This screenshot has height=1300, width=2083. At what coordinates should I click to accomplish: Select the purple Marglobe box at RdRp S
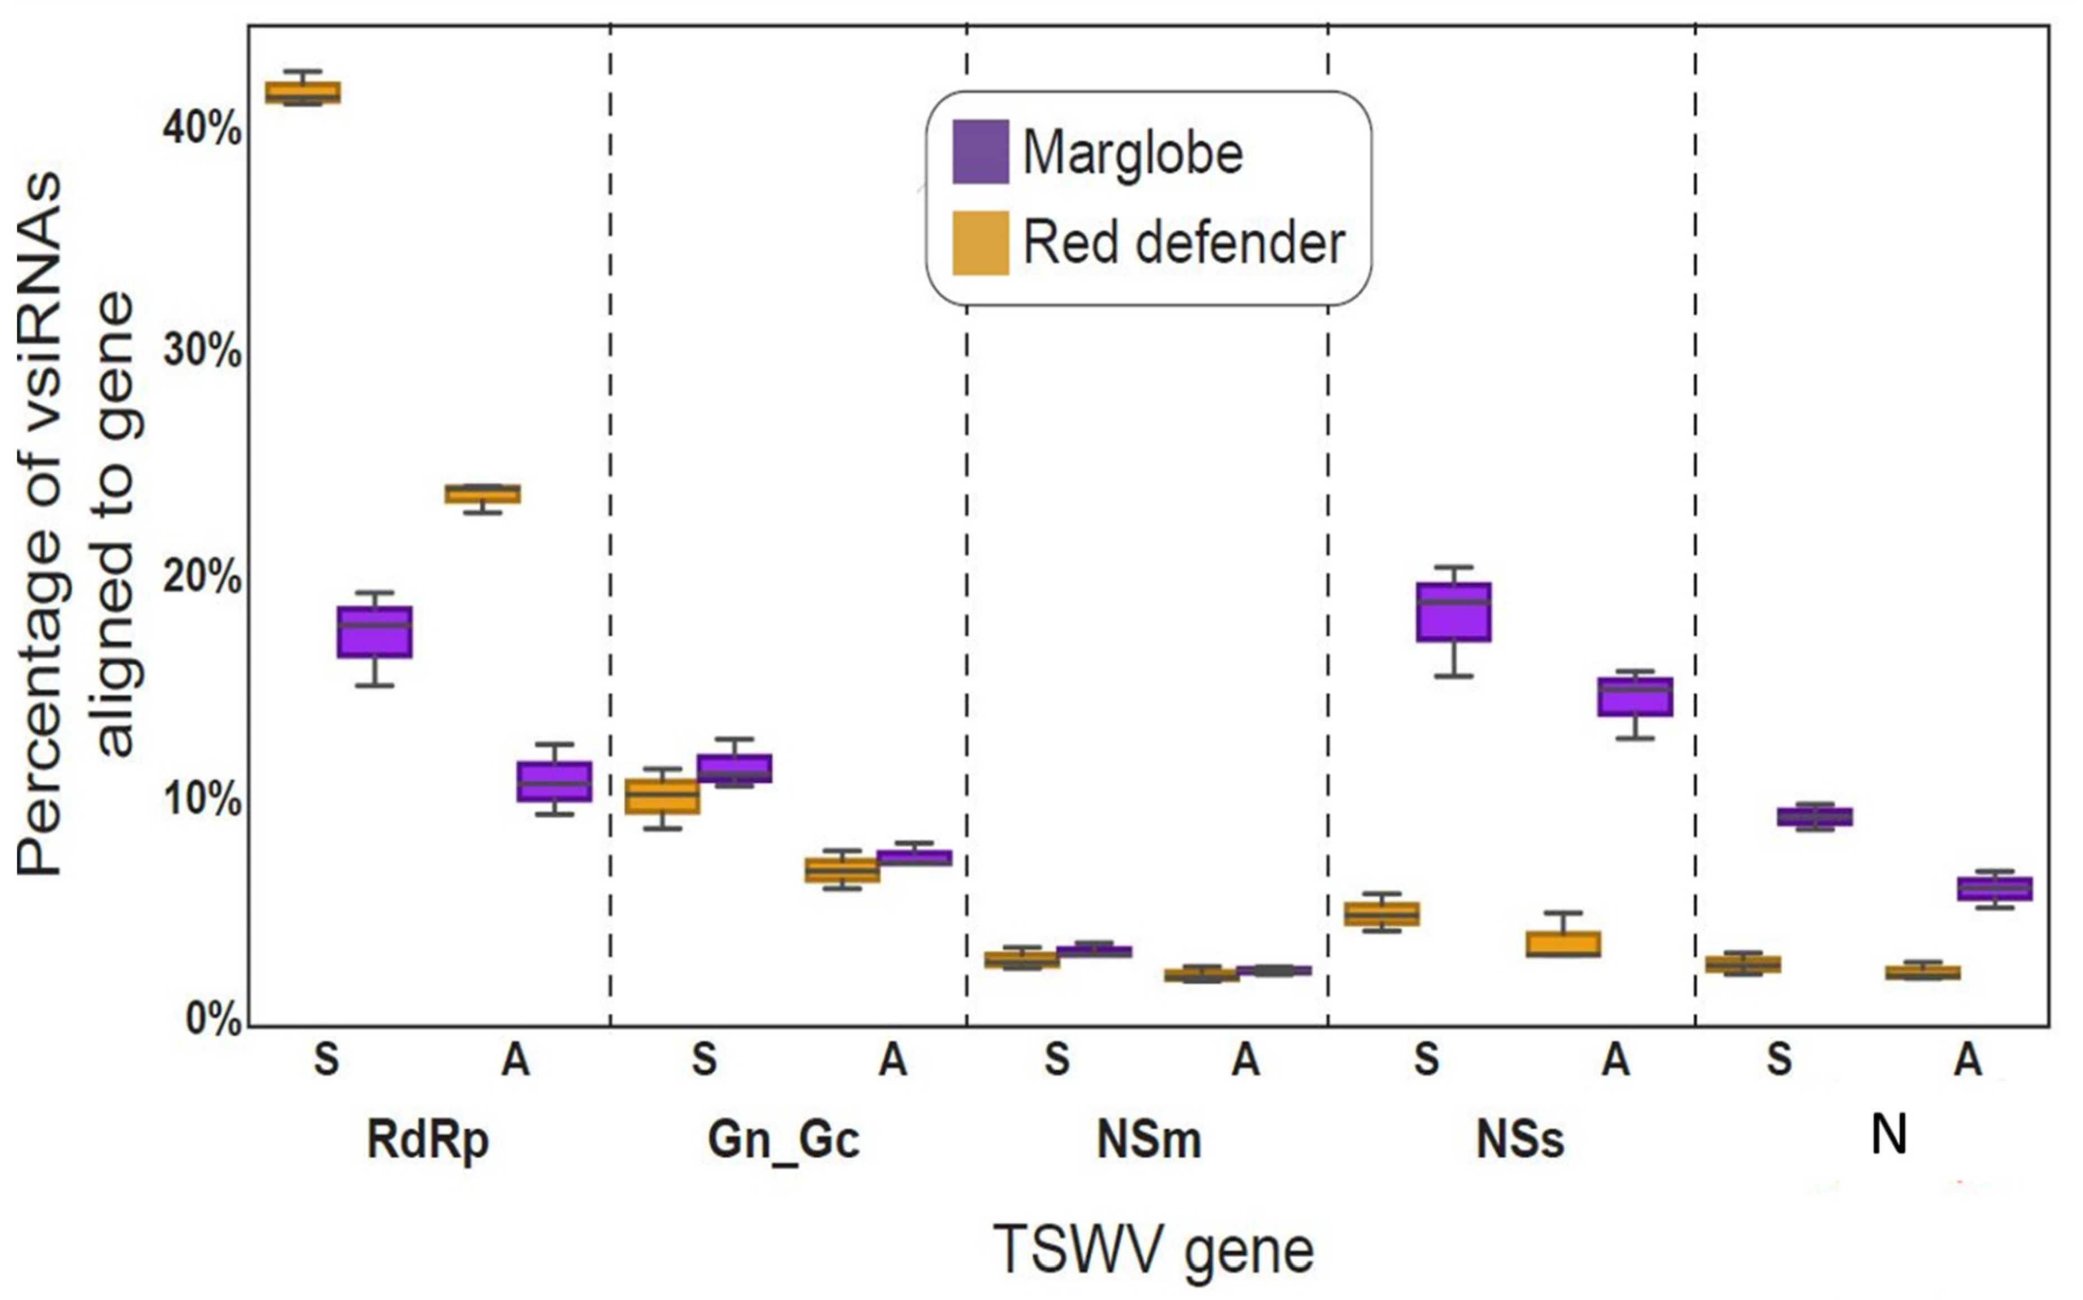coord(374,632)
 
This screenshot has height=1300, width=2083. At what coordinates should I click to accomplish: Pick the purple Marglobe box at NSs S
coord(1454,611)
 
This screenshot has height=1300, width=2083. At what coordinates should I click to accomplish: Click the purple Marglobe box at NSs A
coord(1635,696)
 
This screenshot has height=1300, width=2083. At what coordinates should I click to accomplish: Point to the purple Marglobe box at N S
coord(1815,816)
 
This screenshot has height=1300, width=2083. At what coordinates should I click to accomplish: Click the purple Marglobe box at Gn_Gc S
coord(734,768)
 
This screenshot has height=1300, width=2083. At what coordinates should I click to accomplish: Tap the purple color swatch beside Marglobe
coord(980,151)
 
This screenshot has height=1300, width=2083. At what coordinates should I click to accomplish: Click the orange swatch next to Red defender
coord(980,243)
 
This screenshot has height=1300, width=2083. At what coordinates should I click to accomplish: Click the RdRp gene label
coord(427,1141)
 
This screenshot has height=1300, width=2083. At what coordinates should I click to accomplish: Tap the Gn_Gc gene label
coord(783,1141)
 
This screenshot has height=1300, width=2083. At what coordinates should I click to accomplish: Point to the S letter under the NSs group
coord(1426,1060)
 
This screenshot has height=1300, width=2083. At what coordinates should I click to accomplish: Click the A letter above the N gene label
coord(1968,1060)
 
